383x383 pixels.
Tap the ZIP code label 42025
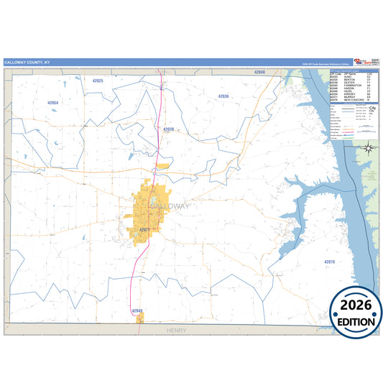tap(98, 81)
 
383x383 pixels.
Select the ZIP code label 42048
tap(260, 73)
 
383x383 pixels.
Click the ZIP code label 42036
tap(223, 96)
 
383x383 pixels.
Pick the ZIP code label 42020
tap(169, 129)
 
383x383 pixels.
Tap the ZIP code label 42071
tap(144, 229)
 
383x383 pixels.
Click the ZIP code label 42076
tap(329, 262)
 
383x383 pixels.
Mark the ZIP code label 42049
tap(138, 310)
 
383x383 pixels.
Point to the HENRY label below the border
tap(175, 330)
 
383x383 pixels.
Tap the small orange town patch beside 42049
tap(140, 317)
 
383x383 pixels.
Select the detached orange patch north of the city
tap(162, 167)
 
